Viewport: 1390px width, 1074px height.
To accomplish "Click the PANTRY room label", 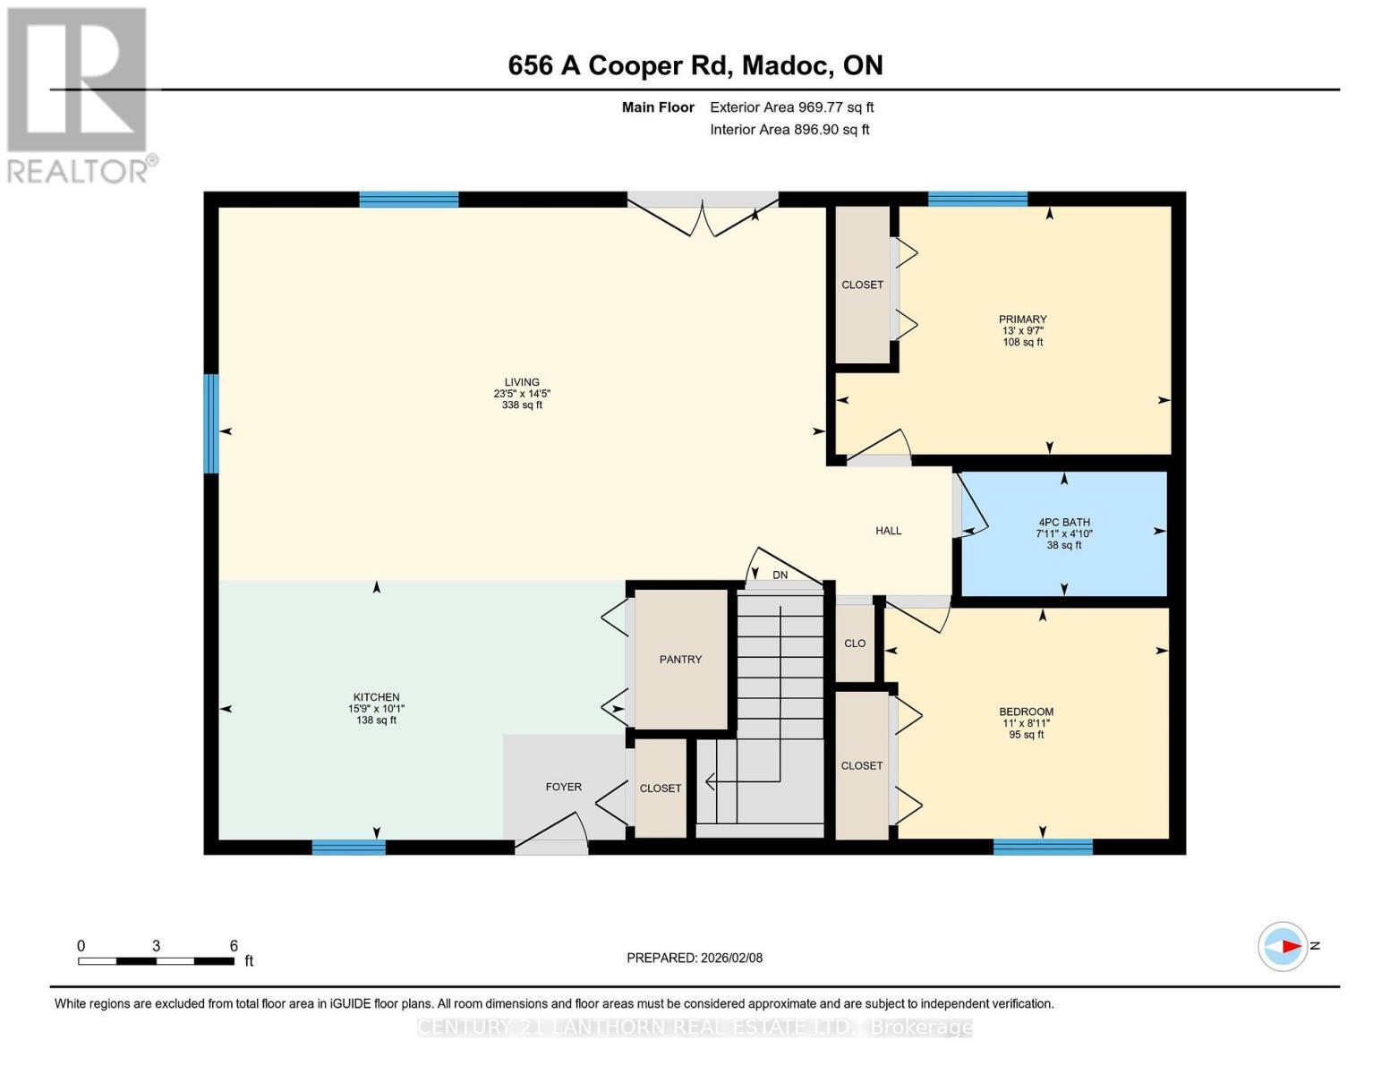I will click(680, 660).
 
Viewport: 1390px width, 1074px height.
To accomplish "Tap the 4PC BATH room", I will click(1063, 533).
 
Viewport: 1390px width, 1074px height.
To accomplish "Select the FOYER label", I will click(564, 788).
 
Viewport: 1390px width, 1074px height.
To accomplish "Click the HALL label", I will click(888, 531).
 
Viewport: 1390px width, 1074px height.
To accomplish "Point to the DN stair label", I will click(780, 575).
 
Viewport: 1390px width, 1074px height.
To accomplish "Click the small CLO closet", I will click(855, 644).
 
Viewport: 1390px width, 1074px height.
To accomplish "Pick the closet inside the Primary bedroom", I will click(862, 285).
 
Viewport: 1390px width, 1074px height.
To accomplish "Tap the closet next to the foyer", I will click(661, 788).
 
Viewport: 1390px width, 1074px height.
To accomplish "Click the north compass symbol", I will click(1283, 946).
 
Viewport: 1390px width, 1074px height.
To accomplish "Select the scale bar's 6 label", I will click(234, 946).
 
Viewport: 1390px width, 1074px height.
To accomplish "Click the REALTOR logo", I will click(79, 94).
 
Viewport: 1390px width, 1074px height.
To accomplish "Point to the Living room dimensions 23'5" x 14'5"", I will click(522, 394).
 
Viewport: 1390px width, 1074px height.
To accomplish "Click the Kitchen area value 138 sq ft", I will click(376, 720).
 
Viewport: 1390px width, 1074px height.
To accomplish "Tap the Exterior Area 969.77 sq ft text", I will click(791, 107).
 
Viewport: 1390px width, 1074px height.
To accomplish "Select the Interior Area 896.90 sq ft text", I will click(789, 130).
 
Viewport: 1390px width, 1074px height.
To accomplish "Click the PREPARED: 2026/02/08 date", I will click(695, 958).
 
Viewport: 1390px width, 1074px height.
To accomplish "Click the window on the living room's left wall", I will click(211, 423).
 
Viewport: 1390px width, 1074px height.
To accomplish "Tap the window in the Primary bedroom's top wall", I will click(977, 200).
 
